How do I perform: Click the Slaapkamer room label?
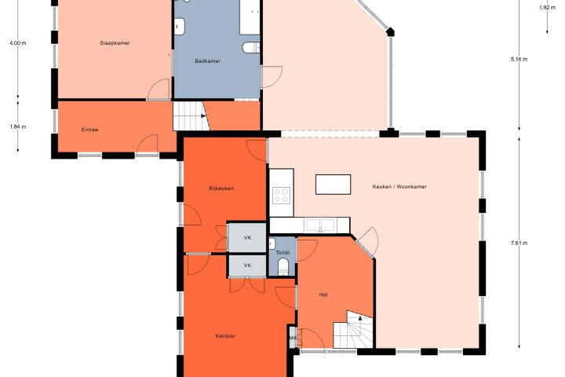pyautogui.click(x=115, y=43)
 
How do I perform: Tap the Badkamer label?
pyautogui.click(x=207, y=61)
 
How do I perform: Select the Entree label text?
pyautogui.click(x=89, y=130)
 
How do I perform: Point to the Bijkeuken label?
pyautogui.click(x=221, y=188)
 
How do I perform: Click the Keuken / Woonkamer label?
pyautogui.click(x=399, y=186)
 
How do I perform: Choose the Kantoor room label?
pyautogui.click(x=225, y=336)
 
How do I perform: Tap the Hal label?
pyautogui.click(x=323, y=295)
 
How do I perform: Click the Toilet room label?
pyautogui.click(x=282, y=253)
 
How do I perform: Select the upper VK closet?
pyautogui.click(x=247, y=237)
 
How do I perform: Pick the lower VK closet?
pyautogui.click(x=247, y=265)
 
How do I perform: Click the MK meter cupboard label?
pyautogui.click(x=293, y=338)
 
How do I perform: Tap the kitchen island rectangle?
pyautogui.click(x=333, y=185)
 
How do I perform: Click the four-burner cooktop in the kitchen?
pyautogui.click(x=282, y=196)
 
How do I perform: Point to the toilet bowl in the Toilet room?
pyautogui.click(x=283, y=266)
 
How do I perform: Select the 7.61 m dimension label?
pyautogui.click(x=519, y=243)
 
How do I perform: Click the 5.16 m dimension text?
pyautogui.click(x=519, y=59)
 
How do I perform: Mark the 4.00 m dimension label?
pyautogui.click(x=18, y=43)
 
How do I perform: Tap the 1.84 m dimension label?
pyautogui.click(x=18, y=126)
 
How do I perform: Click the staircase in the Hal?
pyautogui.click(x=352, y=330)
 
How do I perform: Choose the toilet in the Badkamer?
pyautogui.click(x=251, y=47)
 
